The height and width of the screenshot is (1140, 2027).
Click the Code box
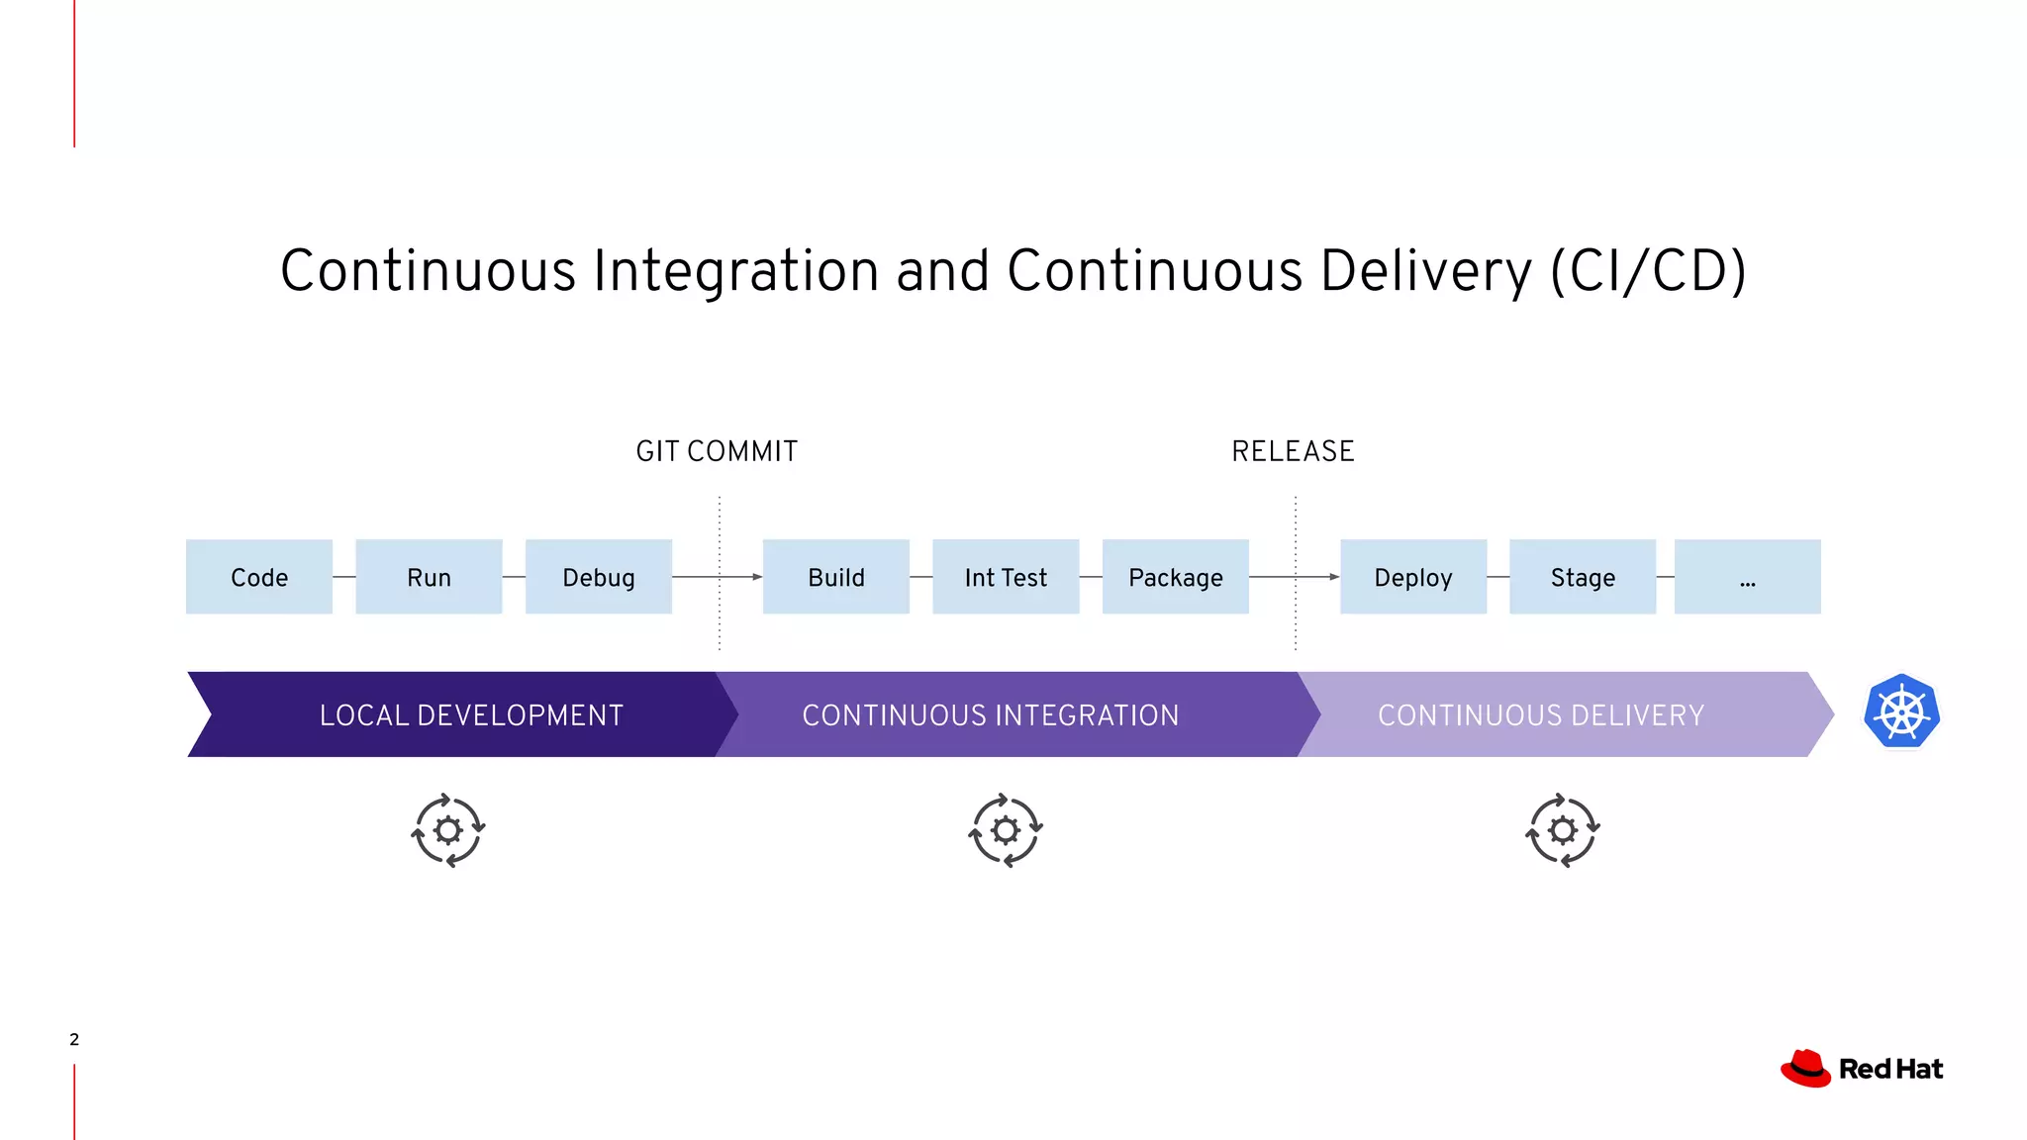coord(259,577)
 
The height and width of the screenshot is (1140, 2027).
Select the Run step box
coord(429,577)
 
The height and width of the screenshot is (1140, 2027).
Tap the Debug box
coord(599,577)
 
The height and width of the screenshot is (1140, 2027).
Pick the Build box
coord(836,577)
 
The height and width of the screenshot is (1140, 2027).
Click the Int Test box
coord(1006,577)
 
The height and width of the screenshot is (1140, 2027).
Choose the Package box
coord(1176,577)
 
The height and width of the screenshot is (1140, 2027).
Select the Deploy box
coord(1413,577)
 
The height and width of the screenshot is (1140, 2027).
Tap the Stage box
coord(1583,577)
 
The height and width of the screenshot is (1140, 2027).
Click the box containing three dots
coord(1748,577)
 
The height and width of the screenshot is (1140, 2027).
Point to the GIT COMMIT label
coord(717,451)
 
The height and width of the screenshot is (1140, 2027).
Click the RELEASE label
coord(1293,451)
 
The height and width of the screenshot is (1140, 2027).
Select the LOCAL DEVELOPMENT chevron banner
coord(471,714)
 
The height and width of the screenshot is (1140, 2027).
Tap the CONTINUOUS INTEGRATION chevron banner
coord(991,714)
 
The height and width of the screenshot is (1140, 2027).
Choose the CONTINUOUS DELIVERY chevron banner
coord(1541,714)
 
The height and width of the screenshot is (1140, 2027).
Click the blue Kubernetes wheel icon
coord(1901,712)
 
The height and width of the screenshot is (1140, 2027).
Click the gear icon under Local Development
coord(448,830)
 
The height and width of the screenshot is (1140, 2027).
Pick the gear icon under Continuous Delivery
coord(1563,830)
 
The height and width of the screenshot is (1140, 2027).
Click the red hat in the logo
coord(1806,1069)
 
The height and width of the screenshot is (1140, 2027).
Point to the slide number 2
coord(74,1039)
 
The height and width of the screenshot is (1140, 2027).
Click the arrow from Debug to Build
coord(717,577)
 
